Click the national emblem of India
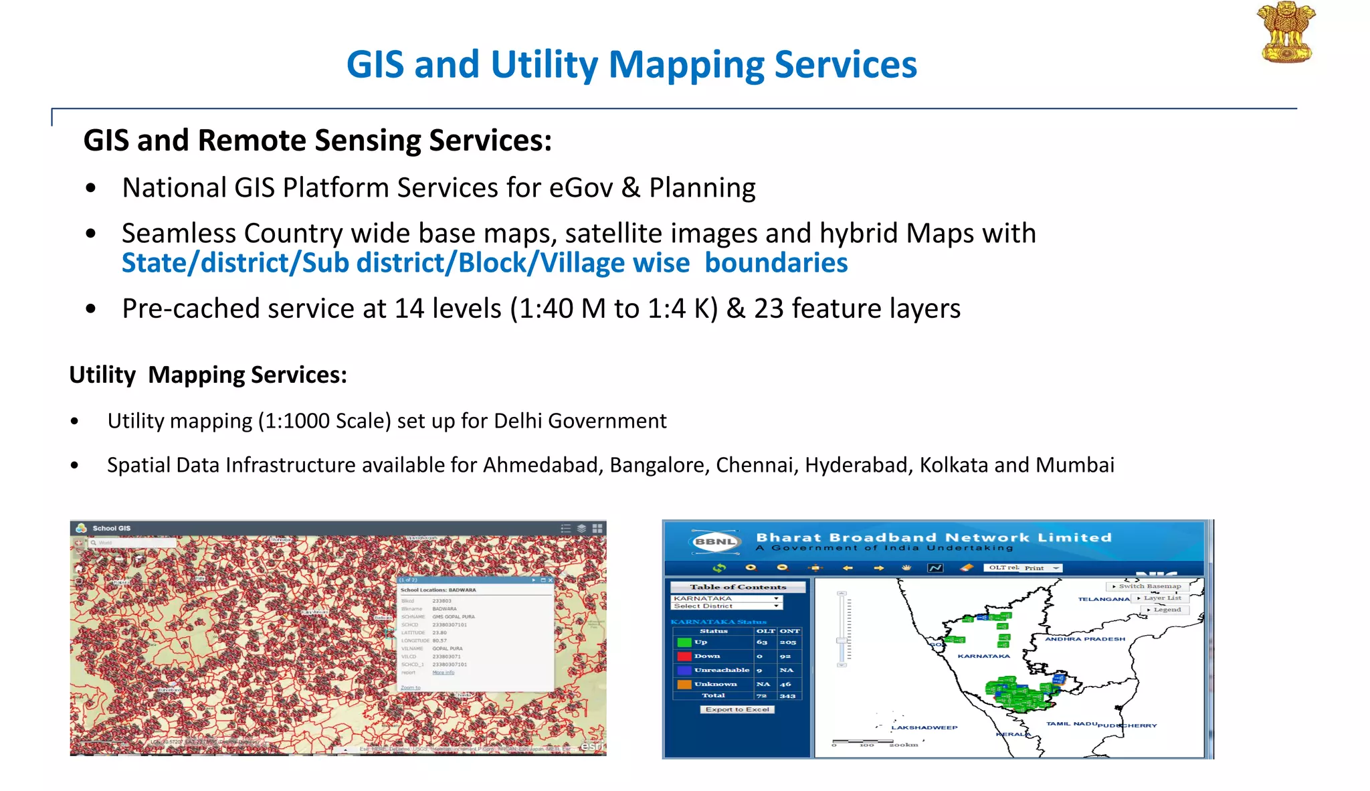coord(1286,33)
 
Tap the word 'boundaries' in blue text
coord(776,263)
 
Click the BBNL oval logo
coord(714,541)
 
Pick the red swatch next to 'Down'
coord(684,656)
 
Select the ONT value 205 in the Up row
coord(787,642)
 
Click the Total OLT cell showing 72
coord(761,696)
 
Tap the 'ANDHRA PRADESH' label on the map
coord(1084,639)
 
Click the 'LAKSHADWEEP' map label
coord(924,727)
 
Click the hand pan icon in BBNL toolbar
coord(906,567)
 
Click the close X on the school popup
coord(551,580)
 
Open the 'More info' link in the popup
coord(443,673)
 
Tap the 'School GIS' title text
coord(112,528)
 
